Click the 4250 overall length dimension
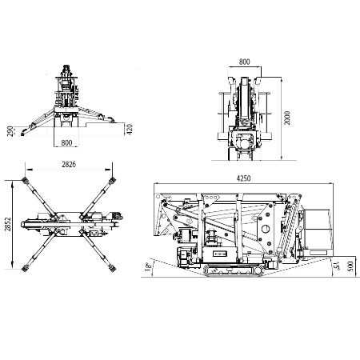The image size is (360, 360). (x=243, y=178)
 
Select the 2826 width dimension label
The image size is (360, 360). (x=69, y=164)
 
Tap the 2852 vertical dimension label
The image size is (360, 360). (x=8, y=224)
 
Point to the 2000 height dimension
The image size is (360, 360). (x=287, y=118)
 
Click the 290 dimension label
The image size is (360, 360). (x=10, y=130)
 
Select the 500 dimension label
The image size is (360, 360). (x=350, y=266)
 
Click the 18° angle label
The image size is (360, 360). (x=148, y=266)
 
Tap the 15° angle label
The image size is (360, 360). (x=337, y=266)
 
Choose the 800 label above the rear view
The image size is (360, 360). (x=244, y=62)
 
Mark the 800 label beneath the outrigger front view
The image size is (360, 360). (x=66, y=142)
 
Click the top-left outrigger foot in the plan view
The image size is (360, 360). (x=25, y=181)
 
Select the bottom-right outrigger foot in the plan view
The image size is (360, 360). (x=113, y=268)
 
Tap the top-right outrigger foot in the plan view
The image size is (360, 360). (x=112, y=181)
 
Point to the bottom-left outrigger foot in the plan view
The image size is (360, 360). (x=25, y=268)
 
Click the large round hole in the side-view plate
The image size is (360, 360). (x=266, y=229)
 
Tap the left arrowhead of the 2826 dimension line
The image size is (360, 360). (x=29, y=170)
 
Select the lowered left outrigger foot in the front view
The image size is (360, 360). (x=23, y=133)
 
